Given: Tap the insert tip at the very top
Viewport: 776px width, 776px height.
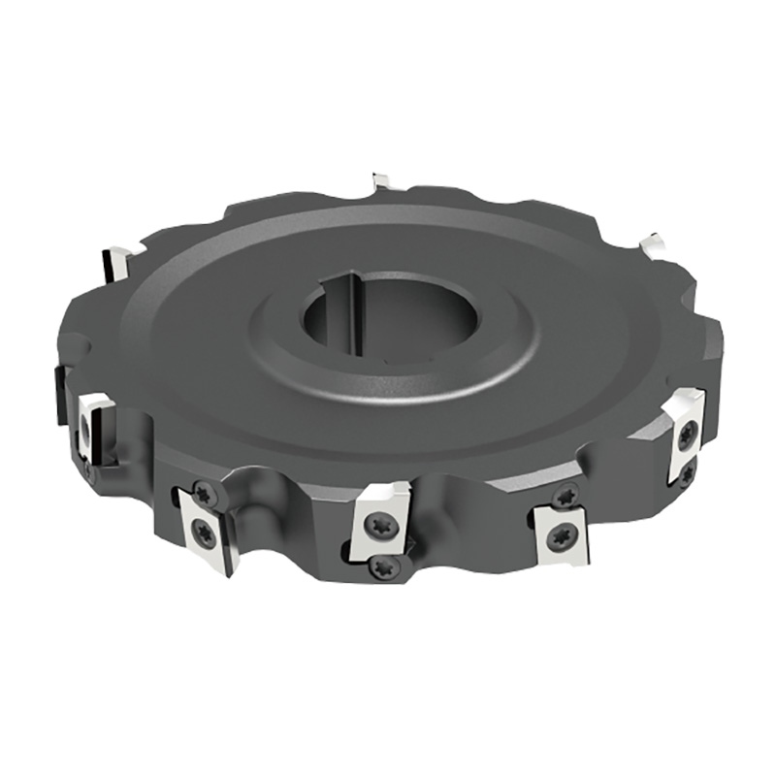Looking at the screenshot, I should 381,181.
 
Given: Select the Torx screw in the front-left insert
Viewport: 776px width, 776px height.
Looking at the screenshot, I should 203,531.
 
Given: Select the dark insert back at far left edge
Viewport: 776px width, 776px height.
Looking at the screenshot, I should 59,393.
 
